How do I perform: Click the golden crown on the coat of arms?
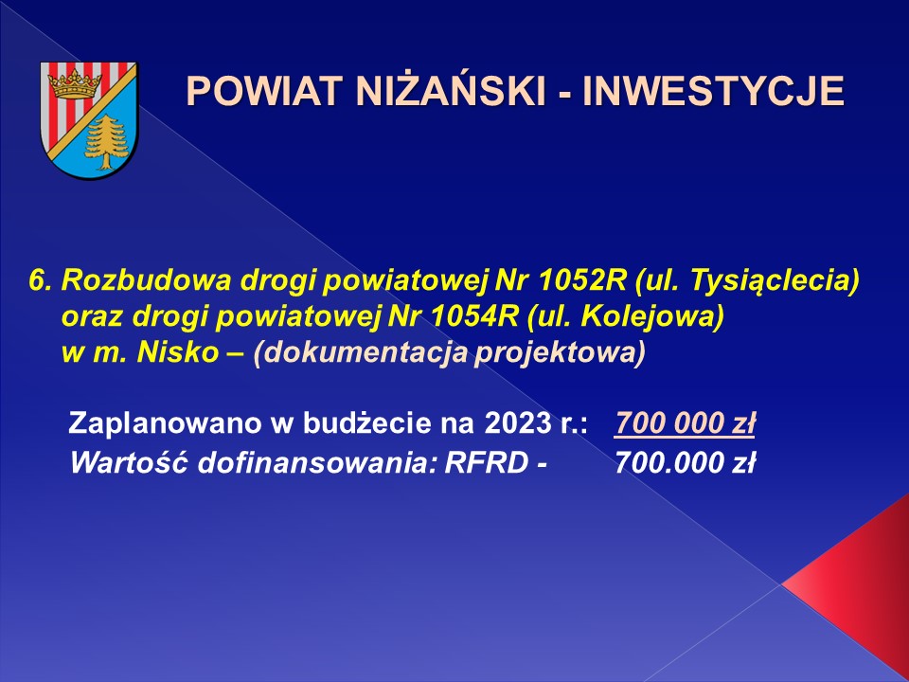pyautogui.click(x=74, y=84)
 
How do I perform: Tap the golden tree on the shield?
pyautogui.click(x=107, y=142)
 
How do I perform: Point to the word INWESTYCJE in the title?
pyautogui.click(x=713, y=91)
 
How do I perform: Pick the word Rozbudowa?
pyautogui.click(x=147, y=280)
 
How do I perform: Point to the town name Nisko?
pyautogui.click(x=177, y=353)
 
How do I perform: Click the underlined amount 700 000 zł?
pyautogui.click(x=685, y=423)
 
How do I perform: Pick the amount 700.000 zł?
pyautogui.click(x=686, y=463)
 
